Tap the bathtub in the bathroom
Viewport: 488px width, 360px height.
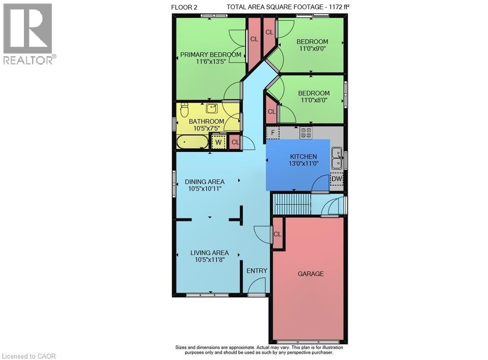(x=193, y=142)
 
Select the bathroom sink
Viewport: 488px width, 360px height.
(x=212, y=108)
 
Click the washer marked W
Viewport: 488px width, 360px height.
(x=219, y=142)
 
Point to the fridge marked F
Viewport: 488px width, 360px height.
(x=273, y=133)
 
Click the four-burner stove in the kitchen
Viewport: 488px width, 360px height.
(x=306, y=133)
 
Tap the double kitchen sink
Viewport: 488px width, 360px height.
(x=336, y=158)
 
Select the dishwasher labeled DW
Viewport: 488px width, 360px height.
(x=337, y=179)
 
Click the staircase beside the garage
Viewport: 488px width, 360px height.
(x=292, y=204)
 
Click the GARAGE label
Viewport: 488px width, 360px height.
(x=310, y=274)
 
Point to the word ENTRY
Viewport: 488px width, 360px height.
(x=257, y=271)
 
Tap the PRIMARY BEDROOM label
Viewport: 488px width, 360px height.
(x=211, y=55)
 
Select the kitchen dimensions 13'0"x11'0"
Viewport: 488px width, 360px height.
(x=304, y=163)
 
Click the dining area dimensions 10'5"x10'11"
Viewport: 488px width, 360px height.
(x=205, y=189)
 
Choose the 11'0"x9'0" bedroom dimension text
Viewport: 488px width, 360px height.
(x=312, y=48)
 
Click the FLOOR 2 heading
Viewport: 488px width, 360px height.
(x=184, y=7)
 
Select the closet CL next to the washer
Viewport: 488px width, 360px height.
(x=235, y=142)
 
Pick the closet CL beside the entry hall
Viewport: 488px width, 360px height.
(x=277, y=234)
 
